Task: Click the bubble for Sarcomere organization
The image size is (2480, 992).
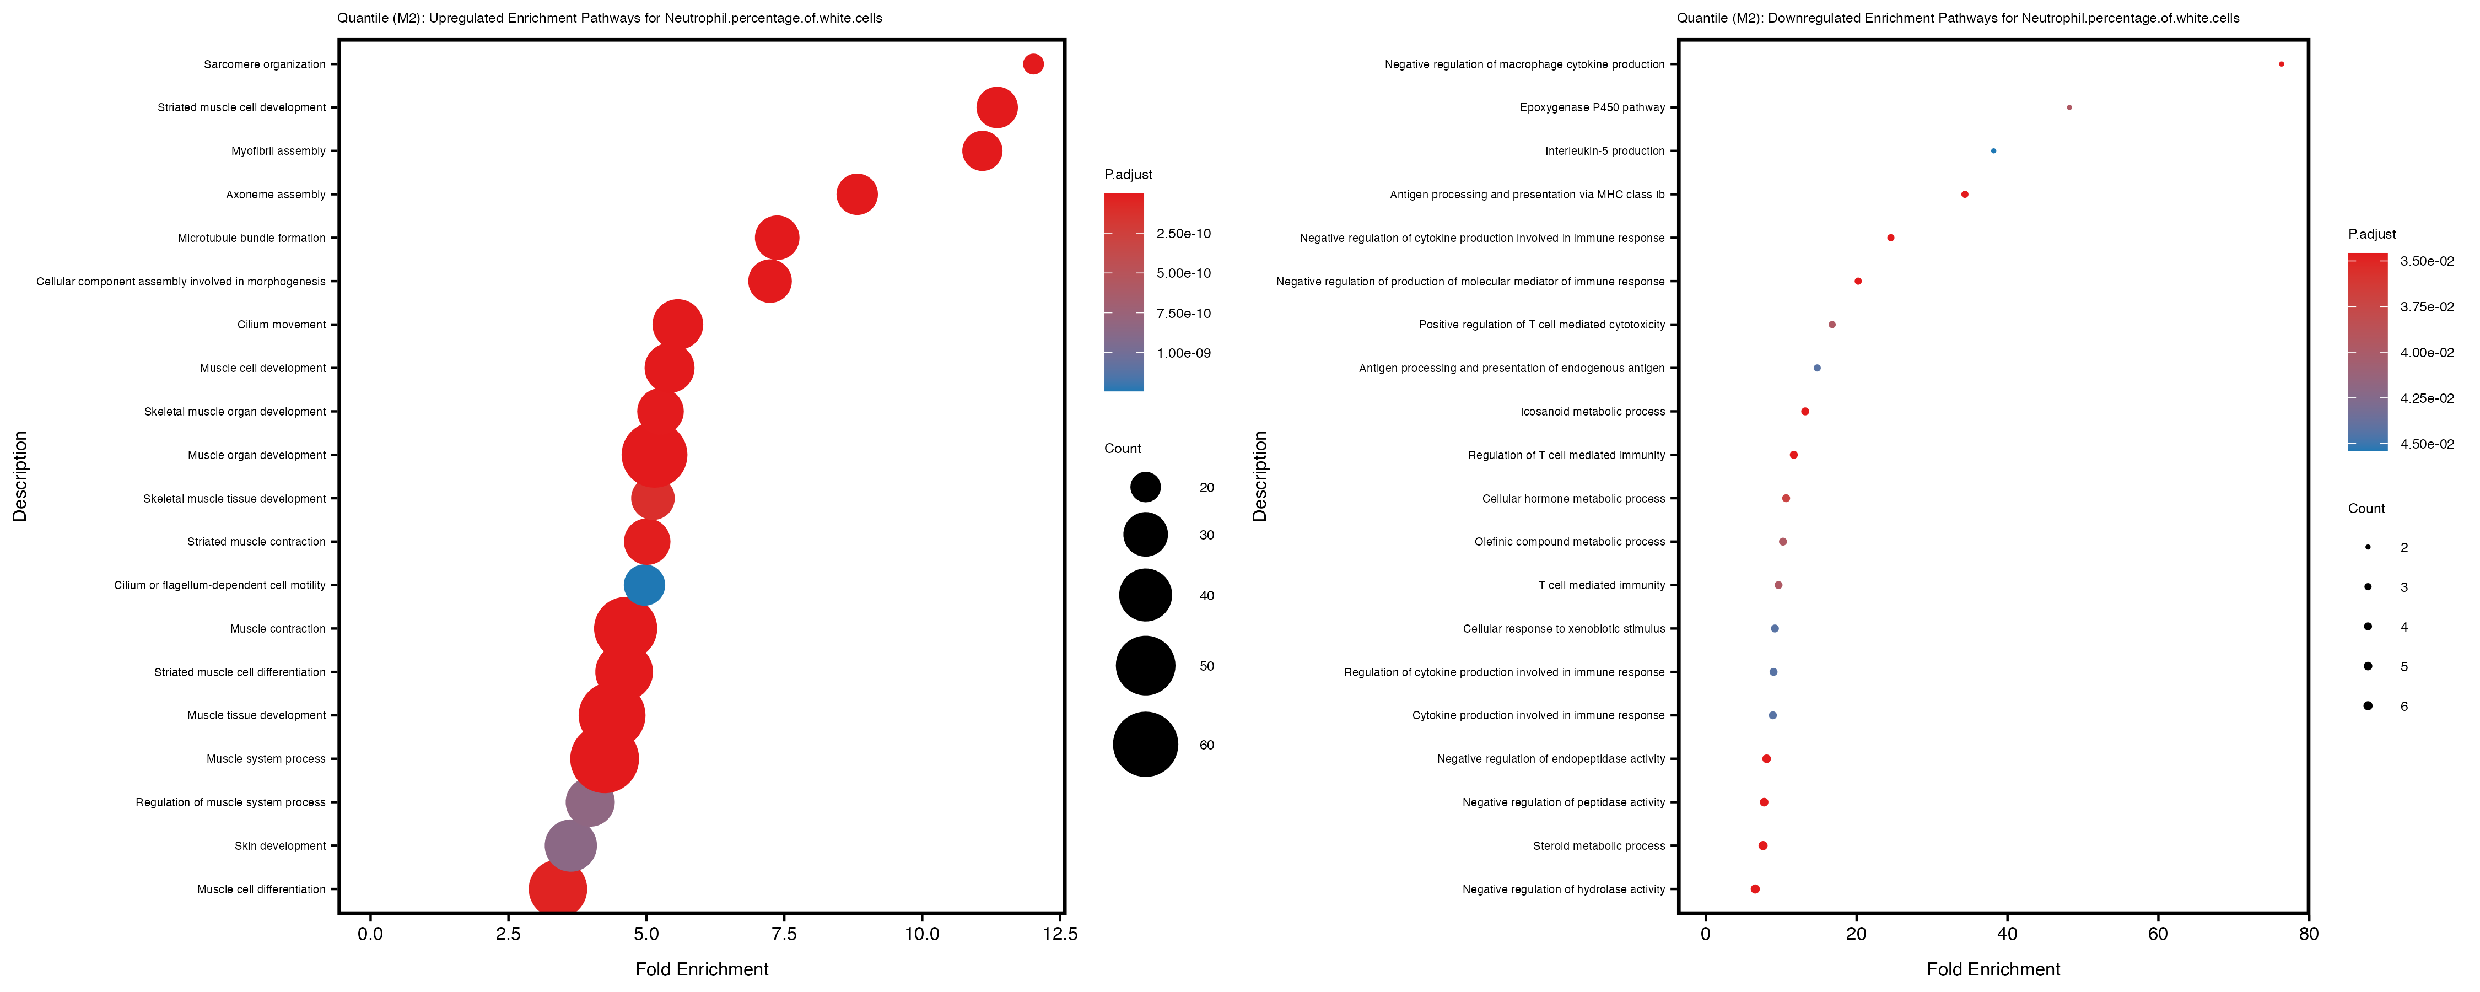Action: pos(1033,64)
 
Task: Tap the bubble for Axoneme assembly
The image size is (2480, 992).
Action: pos(857,195)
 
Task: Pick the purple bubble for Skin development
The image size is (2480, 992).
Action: pos(570,845)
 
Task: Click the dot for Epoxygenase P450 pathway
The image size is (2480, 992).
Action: pos(2069,108)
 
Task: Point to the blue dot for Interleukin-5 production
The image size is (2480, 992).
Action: pos(1993,151)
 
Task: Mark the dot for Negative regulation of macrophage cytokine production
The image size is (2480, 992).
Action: pos(2280,64)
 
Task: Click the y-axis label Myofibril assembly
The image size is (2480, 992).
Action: pos(278,151)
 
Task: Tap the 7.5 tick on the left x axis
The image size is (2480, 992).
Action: pos(785,933)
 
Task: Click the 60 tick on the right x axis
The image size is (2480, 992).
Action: pos(2158,933)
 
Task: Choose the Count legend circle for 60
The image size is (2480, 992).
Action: pos(1145,745)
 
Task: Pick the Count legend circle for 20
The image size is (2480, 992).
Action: pos(1145,487)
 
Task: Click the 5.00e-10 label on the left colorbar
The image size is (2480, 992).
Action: pos(1183,273)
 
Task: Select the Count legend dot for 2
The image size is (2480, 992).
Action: pos(2368,547)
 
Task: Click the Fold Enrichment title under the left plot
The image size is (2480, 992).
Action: pos(702,969)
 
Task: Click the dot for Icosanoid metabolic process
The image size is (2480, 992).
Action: pos(1805,411)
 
